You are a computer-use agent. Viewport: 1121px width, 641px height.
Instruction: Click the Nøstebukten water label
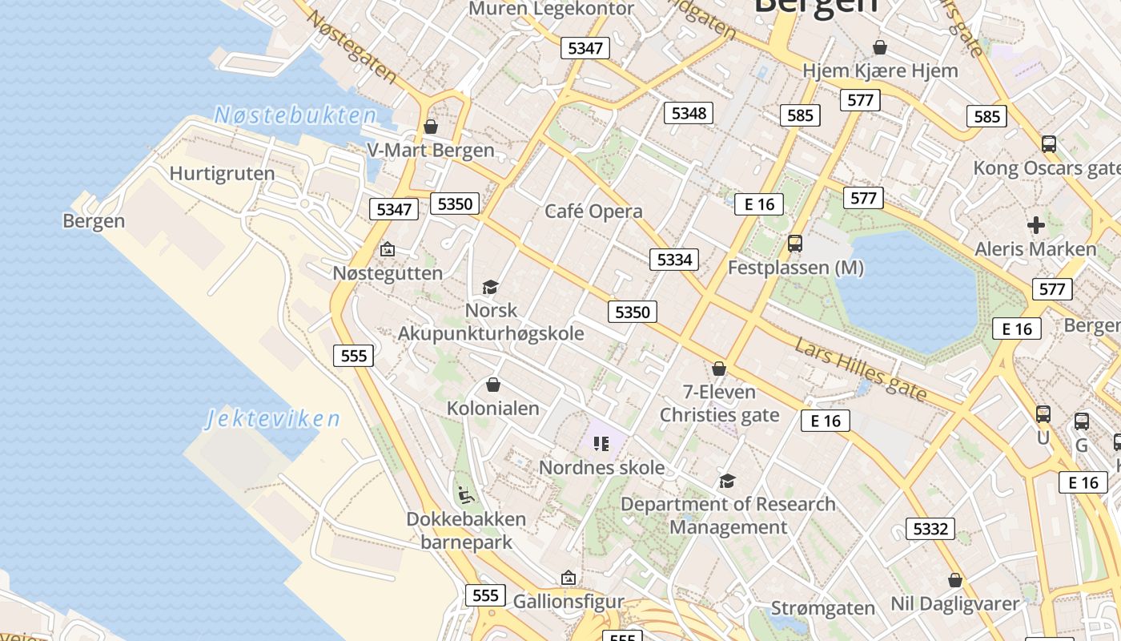point(295,115)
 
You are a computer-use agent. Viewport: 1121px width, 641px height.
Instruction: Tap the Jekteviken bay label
point(273,419)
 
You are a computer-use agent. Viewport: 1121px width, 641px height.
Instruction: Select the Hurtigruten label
point(222,173)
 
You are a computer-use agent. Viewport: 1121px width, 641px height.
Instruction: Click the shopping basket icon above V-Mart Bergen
point(431,127)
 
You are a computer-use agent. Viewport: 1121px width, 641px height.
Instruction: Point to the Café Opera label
point(593,212)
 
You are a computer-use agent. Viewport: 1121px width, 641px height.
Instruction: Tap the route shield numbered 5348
point(689,113)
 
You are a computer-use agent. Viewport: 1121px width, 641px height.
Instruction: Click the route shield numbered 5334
point(673,260)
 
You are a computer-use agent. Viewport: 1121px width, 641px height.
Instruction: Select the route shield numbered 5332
point(930,529)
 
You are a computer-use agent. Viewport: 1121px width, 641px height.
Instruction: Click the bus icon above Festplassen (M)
point(795,243)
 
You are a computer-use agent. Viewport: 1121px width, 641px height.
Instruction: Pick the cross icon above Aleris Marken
point(1036,225)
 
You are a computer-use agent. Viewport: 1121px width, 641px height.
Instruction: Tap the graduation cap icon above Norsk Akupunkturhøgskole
point(490,287)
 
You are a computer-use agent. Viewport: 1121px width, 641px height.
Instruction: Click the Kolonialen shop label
point(492,409)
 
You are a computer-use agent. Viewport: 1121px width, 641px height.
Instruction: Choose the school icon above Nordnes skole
point(601,444)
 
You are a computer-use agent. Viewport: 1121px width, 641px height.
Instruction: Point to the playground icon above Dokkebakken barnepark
point(465,494)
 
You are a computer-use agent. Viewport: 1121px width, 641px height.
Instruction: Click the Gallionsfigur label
point(568,600)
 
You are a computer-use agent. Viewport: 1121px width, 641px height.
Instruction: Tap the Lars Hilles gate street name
point(861,369)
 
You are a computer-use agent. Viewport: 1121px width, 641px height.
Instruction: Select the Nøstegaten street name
point(352,46)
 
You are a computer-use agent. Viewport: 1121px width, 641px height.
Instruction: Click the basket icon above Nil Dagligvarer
point(954,579)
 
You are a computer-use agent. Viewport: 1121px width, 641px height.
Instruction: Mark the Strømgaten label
point(822,608)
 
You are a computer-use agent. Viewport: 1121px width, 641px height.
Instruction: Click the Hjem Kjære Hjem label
point(880,71)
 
